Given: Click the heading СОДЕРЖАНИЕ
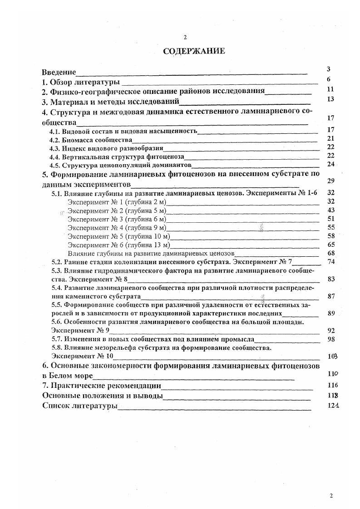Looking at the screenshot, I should point(194,51).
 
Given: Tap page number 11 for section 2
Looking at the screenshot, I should point(330,89).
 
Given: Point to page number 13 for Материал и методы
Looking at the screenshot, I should point(330,99).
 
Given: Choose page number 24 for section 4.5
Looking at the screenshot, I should point(330,164).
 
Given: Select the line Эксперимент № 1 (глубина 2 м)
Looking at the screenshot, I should point(117,202).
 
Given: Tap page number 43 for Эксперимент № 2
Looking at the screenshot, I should point(330,210).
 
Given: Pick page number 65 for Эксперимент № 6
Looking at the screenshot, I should point(330,245).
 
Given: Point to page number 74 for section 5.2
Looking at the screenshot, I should point(330,262).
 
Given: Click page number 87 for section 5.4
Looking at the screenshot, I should point(330,296).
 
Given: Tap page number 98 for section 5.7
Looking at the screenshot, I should point(330,339).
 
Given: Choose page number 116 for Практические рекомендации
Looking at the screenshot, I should point(333,385).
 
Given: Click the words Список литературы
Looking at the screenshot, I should point(79,406).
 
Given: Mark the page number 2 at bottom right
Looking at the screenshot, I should point(331,495).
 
